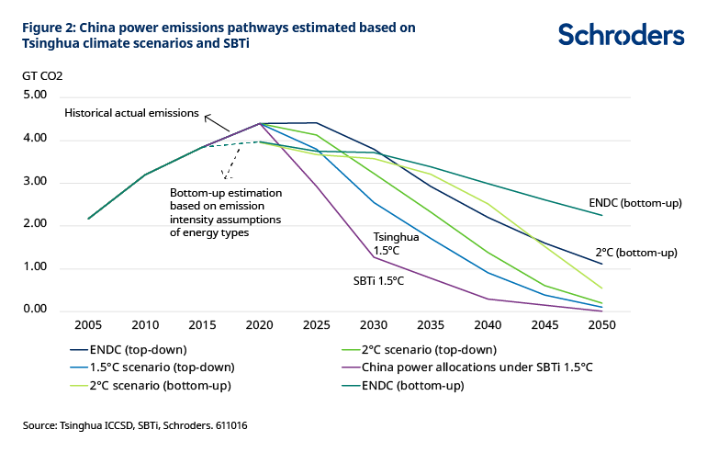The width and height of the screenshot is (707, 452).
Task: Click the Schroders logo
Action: coord(621,35)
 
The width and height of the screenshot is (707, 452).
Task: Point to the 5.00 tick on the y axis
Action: coord(34,96)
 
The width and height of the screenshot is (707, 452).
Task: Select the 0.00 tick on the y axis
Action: coord(34,310)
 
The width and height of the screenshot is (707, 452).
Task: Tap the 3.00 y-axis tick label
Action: coord(34,182)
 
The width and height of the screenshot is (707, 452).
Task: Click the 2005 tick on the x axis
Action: coord(88,326)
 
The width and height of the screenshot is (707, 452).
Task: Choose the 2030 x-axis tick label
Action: coord(374,326)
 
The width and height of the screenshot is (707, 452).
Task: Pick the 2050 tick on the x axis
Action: coord(601,326)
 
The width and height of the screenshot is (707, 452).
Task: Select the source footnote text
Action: coord(135,426)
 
